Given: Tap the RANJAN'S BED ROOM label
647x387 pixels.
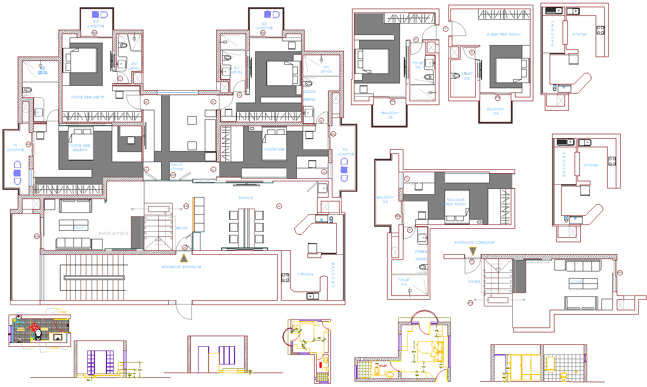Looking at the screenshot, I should pos(456,201).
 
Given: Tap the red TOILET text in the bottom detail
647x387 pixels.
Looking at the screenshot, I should pos(383,366).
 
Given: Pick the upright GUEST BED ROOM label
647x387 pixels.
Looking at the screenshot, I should pos(503,35).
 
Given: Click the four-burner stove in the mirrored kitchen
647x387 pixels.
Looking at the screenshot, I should pos(285,277).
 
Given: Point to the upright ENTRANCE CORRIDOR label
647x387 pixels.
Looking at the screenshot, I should pos(474,243).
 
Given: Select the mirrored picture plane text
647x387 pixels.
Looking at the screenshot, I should pos(114,233).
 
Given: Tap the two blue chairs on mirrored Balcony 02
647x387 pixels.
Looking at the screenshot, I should pos(99,14).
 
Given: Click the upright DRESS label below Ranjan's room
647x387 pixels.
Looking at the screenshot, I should pos(421,251).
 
